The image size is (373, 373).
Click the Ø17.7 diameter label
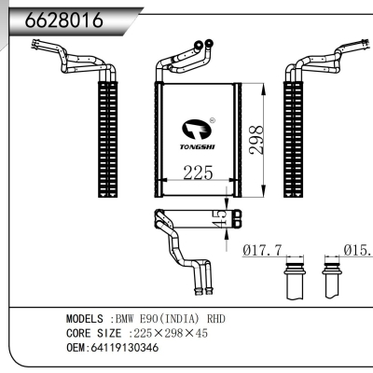[268, 250]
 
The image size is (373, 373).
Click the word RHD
[214, 319]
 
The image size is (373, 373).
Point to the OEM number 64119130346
[123, 347]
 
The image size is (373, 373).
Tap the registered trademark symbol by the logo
[214, 119]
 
